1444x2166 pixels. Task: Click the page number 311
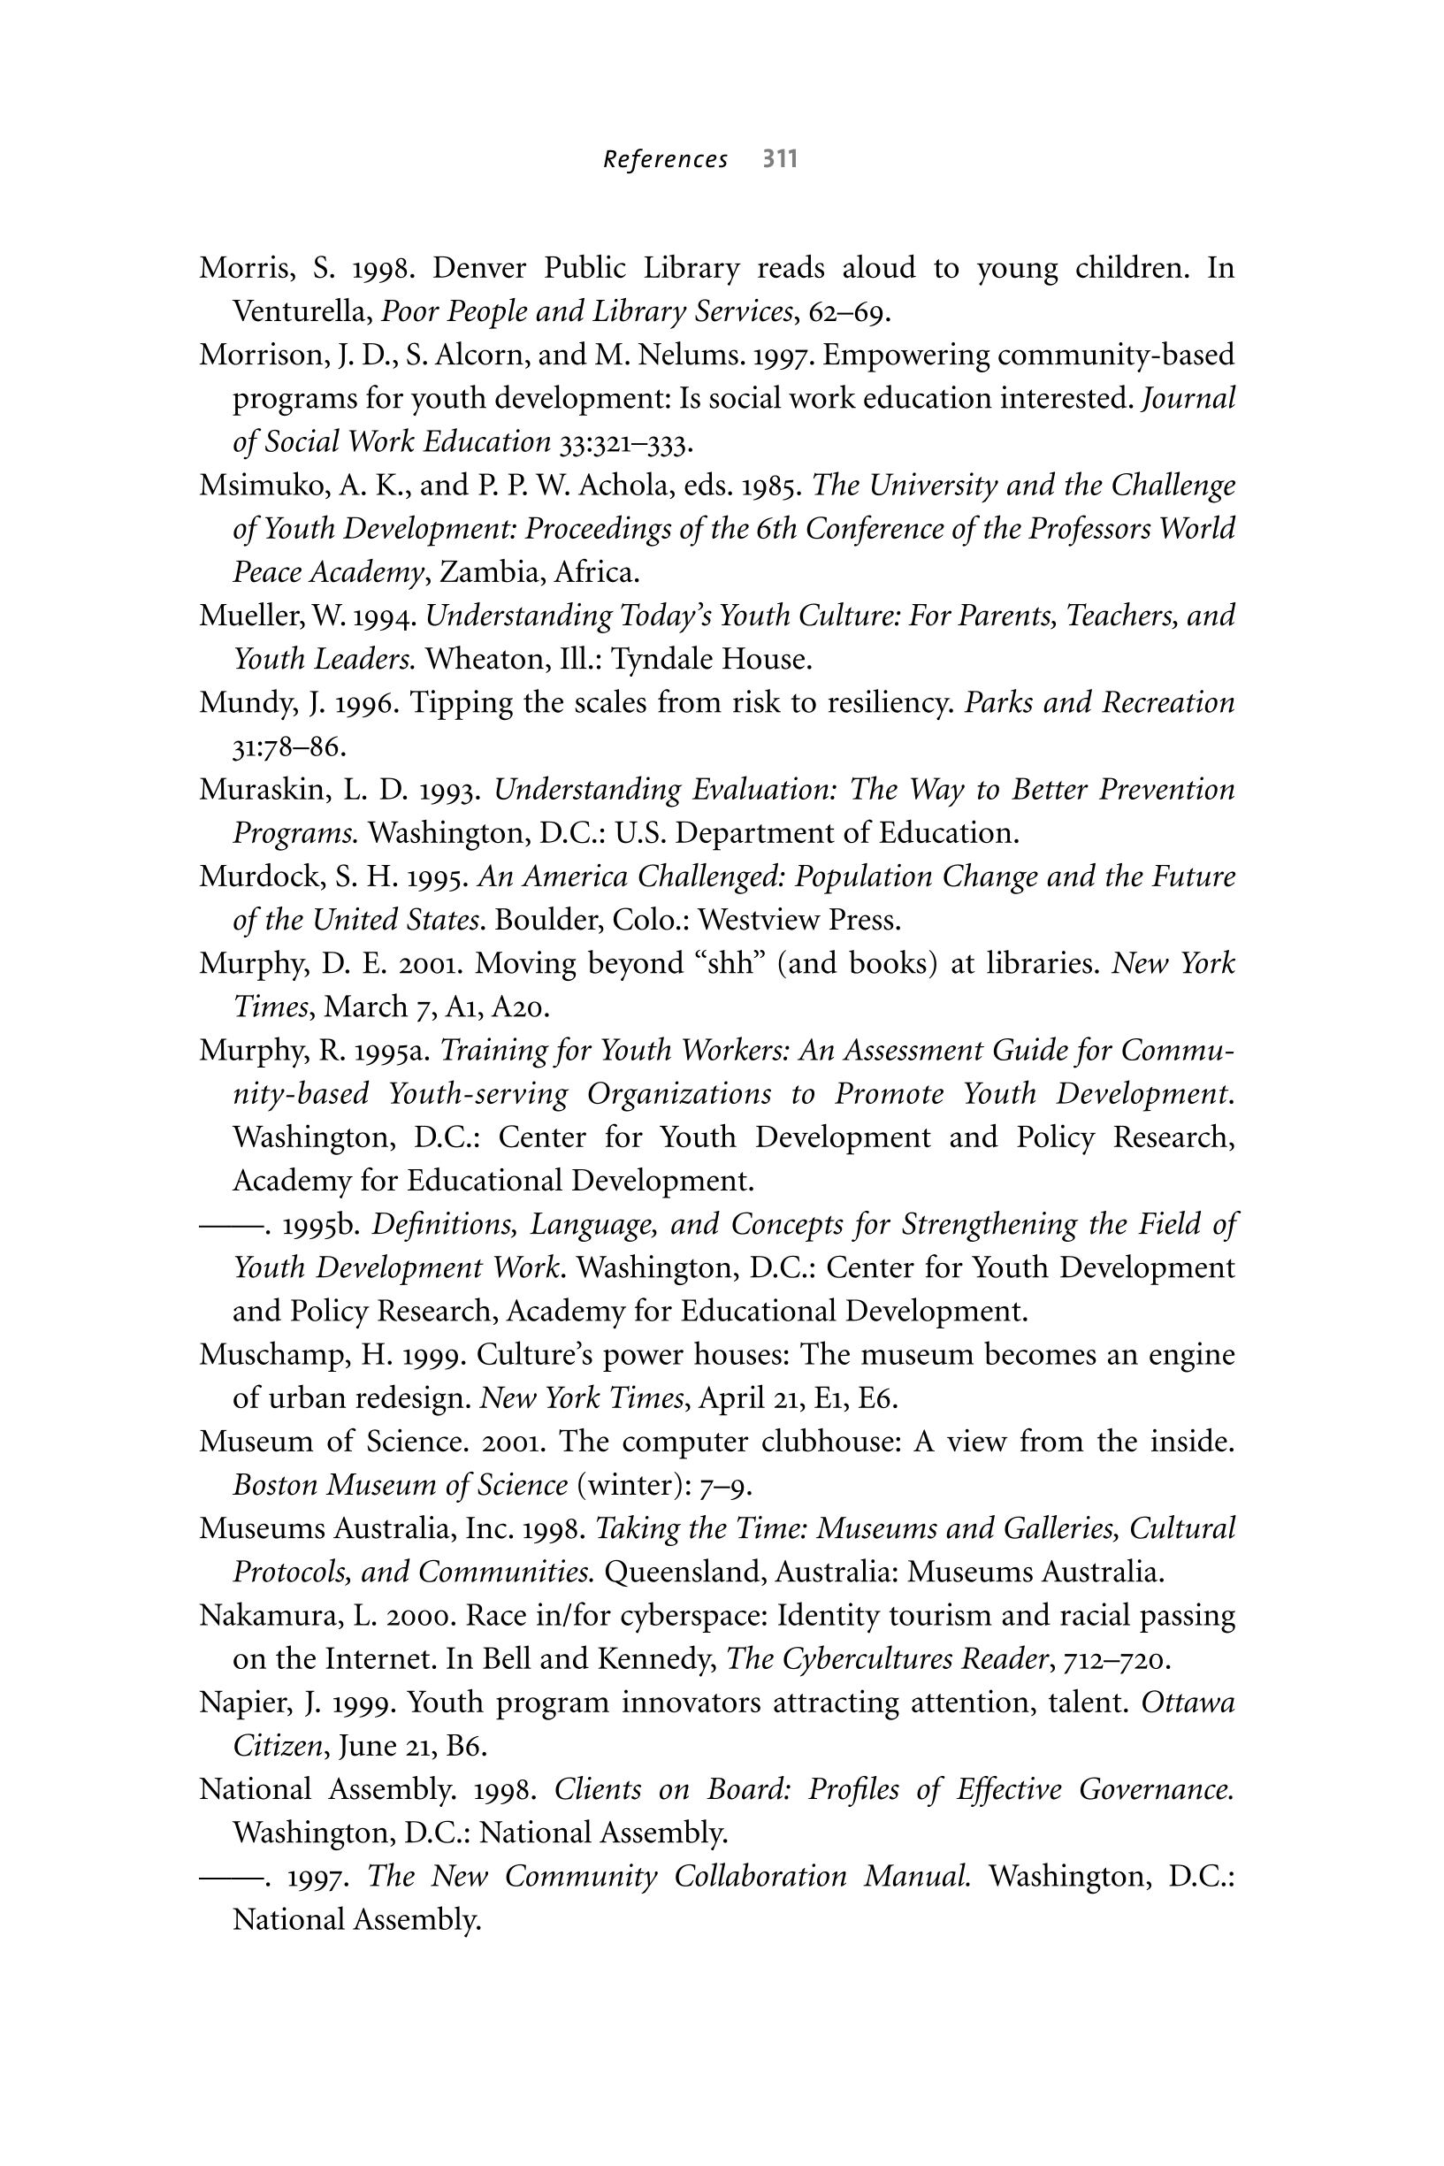[x=779, y=159]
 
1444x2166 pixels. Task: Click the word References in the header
[x=665, y=160]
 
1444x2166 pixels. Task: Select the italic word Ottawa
[x=1188, y=1702]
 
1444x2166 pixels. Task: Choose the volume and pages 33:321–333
[x=624, y=443]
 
